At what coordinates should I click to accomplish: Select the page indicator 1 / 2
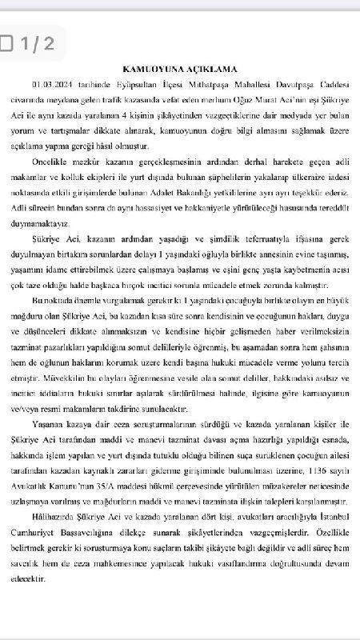(x=38, y=43)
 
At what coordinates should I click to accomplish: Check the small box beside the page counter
(x=8, y=43)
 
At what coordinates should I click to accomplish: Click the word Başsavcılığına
(x=94, y=531)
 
